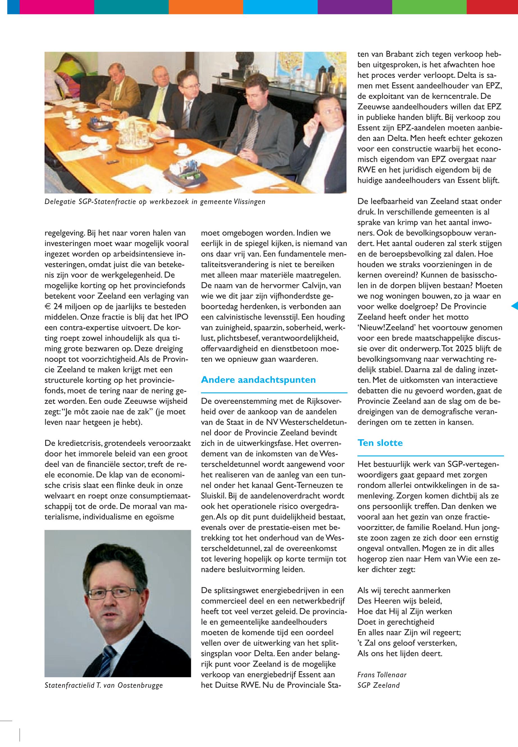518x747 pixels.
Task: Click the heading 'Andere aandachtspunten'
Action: [x=258, y=380]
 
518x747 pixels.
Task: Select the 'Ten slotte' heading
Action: [x=380, y=443]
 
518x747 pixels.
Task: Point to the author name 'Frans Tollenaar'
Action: [x=382, y=675]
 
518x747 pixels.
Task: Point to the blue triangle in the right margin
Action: [x=514, y=306]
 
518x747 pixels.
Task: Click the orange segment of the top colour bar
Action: [x=206, y=7]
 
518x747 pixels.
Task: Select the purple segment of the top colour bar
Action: [x=355, y=7]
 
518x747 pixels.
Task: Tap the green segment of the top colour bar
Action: [x=429, y=7]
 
